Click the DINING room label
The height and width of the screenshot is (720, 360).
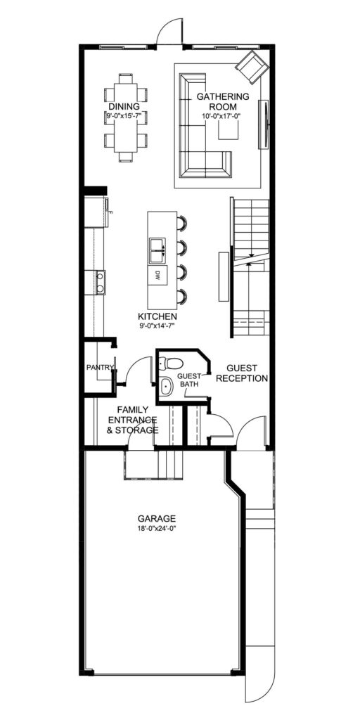124,107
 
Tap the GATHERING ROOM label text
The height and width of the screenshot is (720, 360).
223,101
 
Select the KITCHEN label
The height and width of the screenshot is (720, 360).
157,316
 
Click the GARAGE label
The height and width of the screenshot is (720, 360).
157,518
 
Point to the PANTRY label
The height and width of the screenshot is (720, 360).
100,367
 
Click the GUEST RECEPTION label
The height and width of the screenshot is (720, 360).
242,373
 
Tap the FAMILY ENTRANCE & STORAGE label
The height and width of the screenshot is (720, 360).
133,420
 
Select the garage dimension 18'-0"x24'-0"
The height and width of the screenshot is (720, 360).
157,528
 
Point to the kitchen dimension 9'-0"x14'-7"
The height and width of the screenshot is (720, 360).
157,326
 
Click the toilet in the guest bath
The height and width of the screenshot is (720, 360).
171,364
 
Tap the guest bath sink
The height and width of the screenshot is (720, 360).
166,387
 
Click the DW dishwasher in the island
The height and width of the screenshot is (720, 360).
157,276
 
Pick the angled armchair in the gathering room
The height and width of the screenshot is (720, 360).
252,67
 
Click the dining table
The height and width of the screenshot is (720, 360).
126,117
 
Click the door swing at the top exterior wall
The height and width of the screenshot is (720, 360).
169,31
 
